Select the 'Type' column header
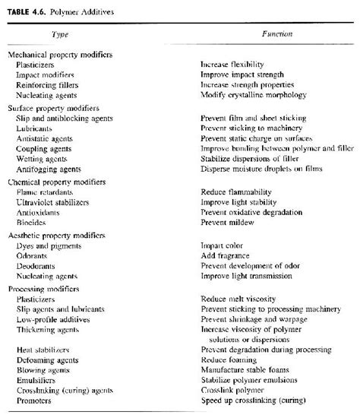pos(59,34)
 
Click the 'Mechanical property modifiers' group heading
pos(60,55)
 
